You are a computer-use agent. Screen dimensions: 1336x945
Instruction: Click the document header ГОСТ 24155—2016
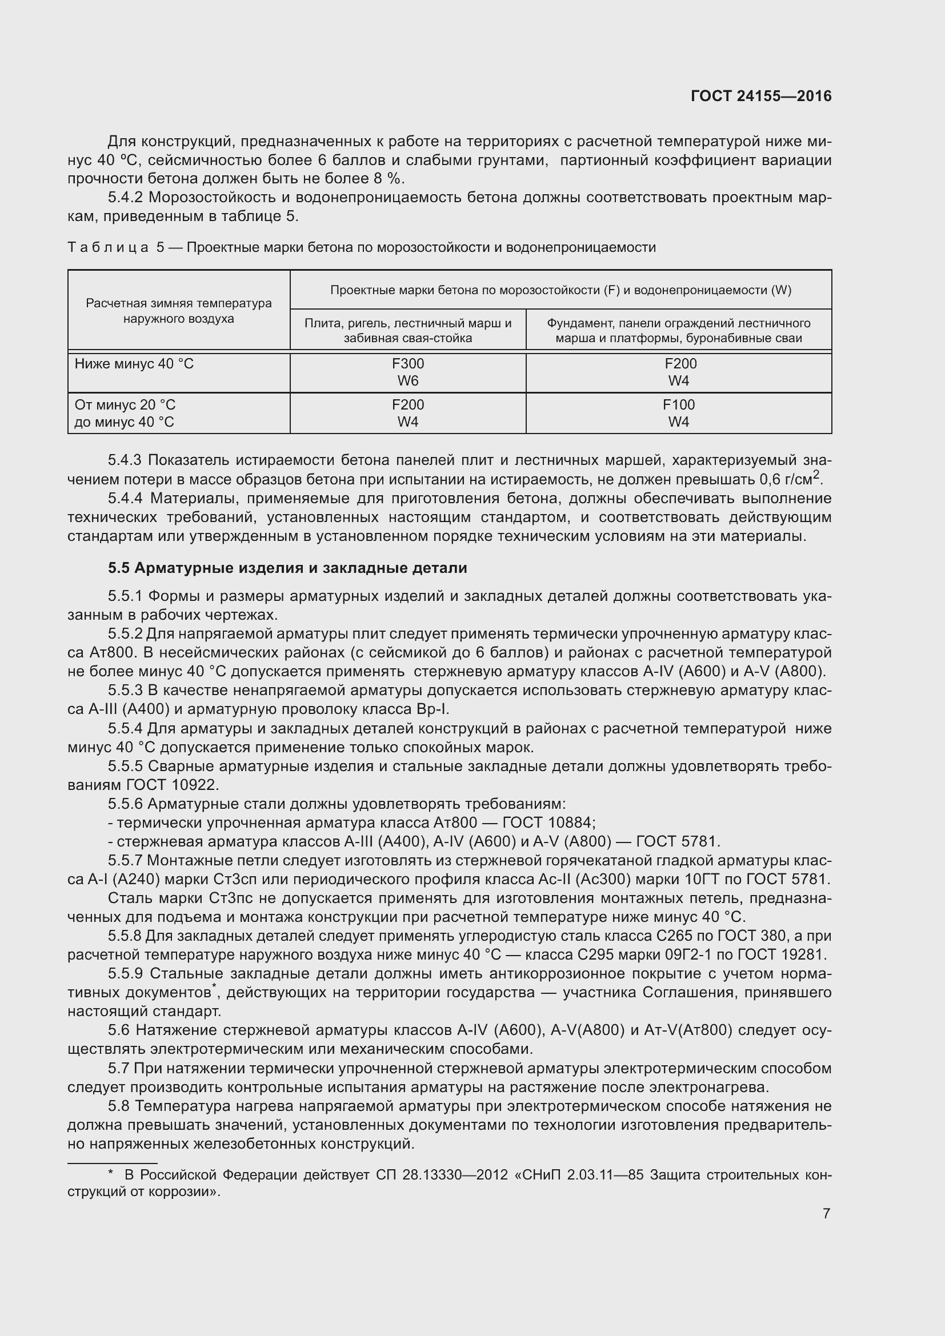pyautogui.click(x=761, y=96)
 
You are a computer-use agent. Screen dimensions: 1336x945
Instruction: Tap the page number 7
pyautogui.click(x=826, y=1213)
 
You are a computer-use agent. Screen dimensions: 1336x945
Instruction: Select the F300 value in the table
pyautogui.click(x=407, y=364)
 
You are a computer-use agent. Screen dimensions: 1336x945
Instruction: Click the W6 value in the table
pyautogui.click(x=407, y=381)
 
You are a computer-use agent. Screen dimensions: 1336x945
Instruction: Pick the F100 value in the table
pyautogui.click(x=679, y=404)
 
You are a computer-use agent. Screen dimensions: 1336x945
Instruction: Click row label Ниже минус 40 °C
pyautogui.click(x=134, y=364)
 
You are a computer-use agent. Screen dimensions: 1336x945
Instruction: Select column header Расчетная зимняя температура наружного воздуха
pyautogui.click(x=179, y=311)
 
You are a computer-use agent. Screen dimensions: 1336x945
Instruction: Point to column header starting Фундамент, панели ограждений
pyautogui.click(x=679, y=331)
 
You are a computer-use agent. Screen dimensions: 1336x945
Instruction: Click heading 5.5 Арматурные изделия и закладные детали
pyautogui.click(x=287, y=568)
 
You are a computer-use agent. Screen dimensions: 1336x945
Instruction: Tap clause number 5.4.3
pyautogui.click(x=125, y=460)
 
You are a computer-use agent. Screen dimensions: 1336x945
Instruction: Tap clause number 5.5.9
pyautogui.click(x=125, y=974)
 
